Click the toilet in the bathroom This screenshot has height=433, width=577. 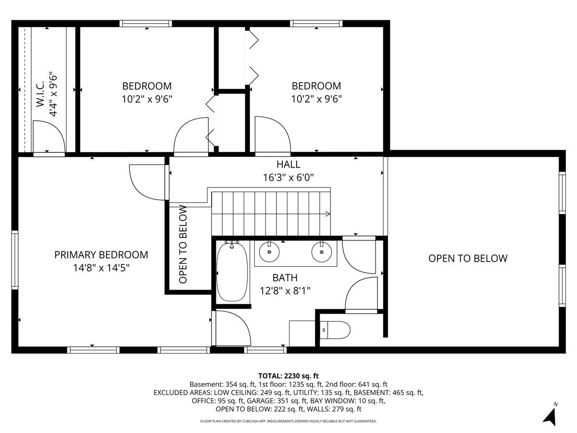(x=335, y=330)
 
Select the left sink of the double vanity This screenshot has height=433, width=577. (x=269, y=252)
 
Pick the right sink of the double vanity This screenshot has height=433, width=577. (x=322, y=252)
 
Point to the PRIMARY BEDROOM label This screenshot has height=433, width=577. (x=101, y=255)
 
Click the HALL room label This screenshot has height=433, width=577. (x=288, y=165)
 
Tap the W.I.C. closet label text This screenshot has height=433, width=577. (x=40, y=94)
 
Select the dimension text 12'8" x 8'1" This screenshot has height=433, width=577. (x=285, y=291)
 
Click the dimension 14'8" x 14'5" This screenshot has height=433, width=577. (x=101, y=268)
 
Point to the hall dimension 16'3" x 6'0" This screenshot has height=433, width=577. (x=288, y=178)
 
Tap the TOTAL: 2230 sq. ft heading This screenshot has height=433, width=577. (x=288, y=376)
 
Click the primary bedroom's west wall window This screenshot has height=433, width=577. (x=15, y=260)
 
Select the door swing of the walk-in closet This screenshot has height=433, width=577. (x=49, y=136)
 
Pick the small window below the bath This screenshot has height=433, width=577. (x=265, y=350)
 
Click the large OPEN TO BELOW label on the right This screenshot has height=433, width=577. (x=468, y=258)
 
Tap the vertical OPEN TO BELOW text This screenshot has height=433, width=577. (x=183, y=244)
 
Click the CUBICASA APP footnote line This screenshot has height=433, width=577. (x=288, y=421)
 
